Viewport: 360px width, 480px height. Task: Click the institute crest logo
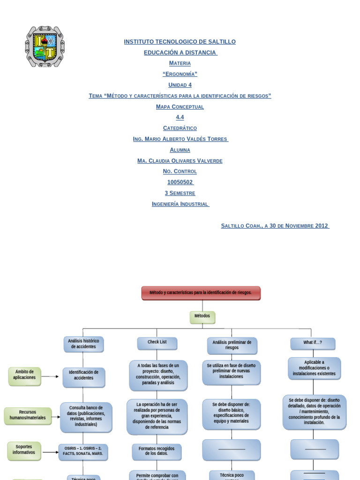click(45, 46)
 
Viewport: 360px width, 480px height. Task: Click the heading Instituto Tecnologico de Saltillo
click(180, 42)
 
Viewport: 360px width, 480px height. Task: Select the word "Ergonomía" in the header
click(180, 74)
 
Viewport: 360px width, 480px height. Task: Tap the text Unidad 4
click(180, 85)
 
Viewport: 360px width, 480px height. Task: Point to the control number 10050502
click(180, 182)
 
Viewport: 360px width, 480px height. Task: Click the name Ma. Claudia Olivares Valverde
click(180, 161)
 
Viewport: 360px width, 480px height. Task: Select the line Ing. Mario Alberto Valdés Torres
click(180, 139)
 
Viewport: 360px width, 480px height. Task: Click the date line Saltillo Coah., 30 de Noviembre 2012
click(275, 225)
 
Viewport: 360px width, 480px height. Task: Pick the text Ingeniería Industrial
click(180, 204)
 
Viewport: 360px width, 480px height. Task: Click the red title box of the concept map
click(201, 293)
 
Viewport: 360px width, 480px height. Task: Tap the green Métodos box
click(202, 317)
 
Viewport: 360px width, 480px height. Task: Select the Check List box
click(157, 343)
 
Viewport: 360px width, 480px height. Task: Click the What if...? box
click(313, 343)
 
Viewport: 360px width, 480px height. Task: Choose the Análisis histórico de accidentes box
click(83, 344)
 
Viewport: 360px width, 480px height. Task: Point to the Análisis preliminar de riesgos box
click(232, 345)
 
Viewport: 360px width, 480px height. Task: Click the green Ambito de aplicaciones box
click(24, 376)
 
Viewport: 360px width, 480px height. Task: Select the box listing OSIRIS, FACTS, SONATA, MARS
click(83, 452)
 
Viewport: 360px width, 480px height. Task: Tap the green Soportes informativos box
click(24, 450)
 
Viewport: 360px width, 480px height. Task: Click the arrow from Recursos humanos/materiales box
click(56, 417)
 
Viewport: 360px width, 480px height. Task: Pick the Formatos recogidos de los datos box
click(157, 451)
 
